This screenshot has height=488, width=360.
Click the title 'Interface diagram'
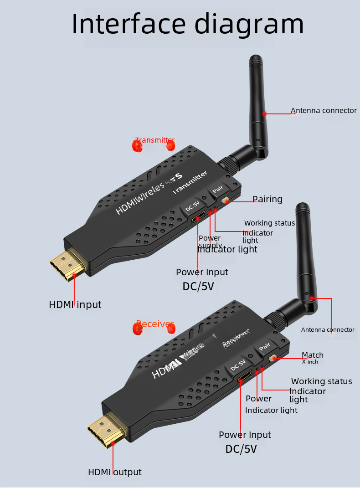[x=188, y=24]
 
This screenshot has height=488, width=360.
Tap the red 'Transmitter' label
[x=155, y=140]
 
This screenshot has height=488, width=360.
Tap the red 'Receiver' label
[x=155, y=324]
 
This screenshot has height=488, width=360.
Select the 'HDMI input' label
[x=75, y=304]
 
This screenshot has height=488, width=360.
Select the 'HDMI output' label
[x=115, y=472]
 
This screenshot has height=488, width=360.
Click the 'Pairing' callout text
[x=267, y=199]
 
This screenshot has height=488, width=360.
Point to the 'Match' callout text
[x=313, y=355]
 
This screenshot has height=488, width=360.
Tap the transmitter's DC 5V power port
[x=198, y=218]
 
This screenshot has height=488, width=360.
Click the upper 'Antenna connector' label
[x=324, y=111]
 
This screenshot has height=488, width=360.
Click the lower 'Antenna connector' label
[x=328, y=329]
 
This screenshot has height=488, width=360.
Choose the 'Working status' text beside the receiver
[x=321, y=381]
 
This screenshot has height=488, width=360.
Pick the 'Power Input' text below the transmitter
[x=202, y=272]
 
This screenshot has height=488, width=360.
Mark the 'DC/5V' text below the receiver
[x=241, y=449]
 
